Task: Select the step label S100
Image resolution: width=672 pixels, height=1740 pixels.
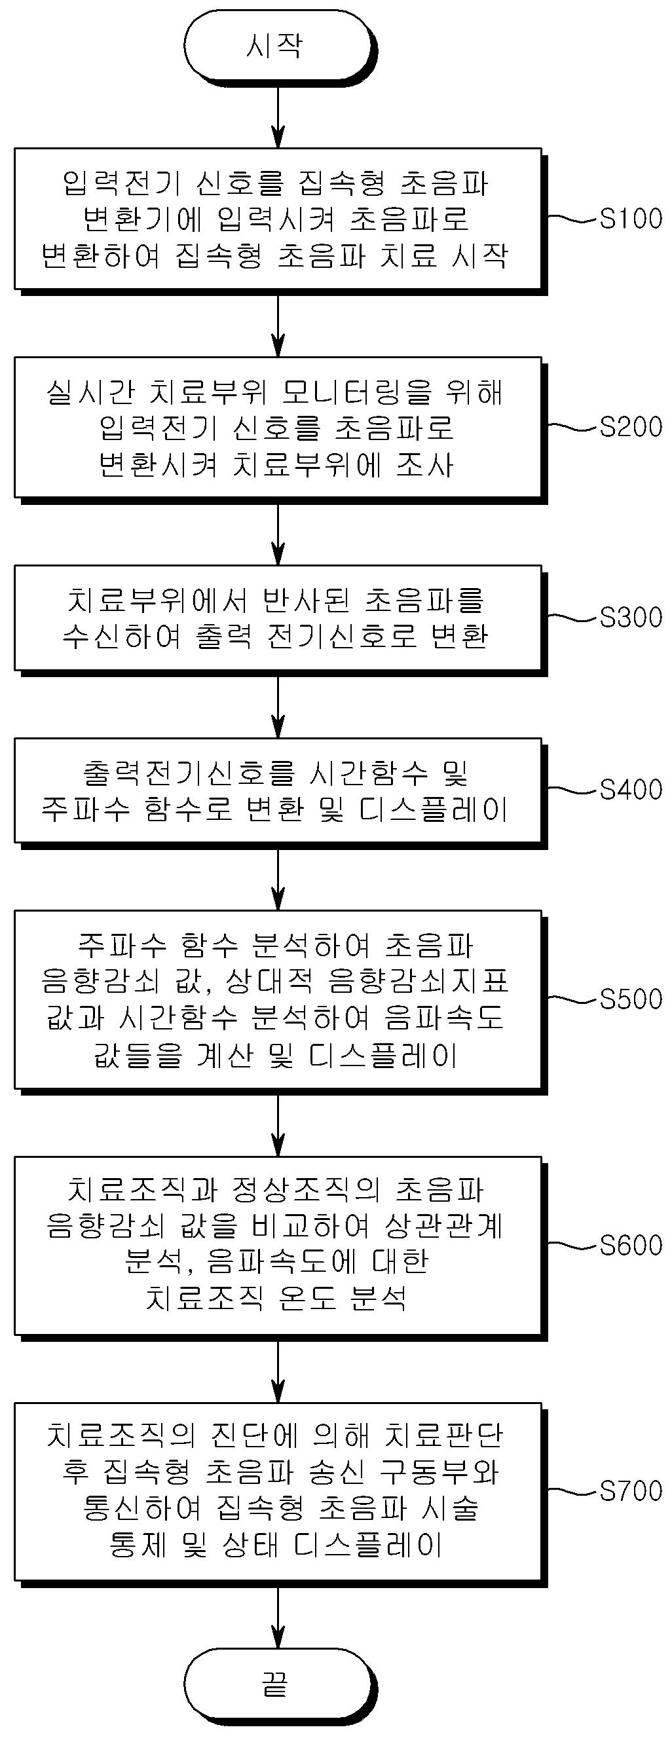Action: pos(631,218)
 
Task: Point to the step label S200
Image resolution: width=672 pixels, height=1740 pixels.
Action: pos(631,427)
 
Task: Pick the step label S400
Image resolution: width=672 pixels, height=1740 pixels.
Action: pos(631,789)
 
